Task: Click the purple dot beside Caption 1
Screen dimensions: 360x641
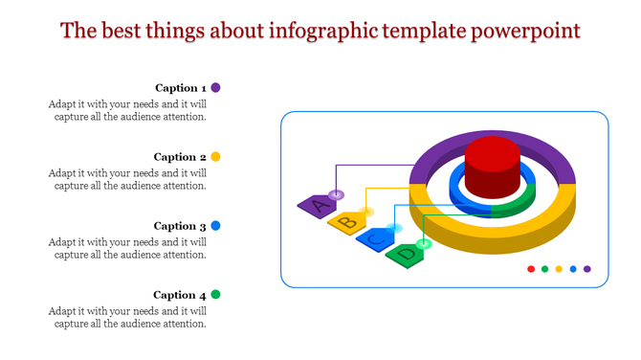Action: click(216, 87)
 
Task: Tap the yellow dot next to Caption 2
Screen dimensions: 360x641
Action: click(216, 156)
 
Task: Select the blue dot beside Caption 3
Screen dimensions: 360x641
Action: click(216, 226)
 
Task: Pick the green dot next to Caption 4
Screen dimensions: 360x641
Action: click(216, 295)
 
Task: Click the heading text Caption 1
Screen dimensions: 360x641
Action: click(181, 88)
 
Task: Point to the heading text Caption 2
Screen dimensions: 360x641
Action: click(181, 157)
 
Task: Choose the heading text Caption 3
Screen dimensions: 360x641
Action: click(181, 226)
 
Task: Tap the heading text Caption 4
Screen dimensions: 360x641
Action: click(181, 295)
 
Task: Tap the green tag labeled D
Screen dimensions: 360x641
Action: click(406, 256)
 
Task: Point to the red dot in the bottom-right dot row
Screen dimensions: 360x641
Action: click(531, 269)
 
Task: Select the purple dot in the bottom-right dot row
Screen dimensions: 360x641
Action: click(586, 269)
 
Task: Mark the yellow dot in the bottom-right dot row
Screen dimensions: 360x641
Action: click(559, 269)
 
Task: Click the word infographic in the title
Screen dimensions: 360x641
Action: click(315, 31)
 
